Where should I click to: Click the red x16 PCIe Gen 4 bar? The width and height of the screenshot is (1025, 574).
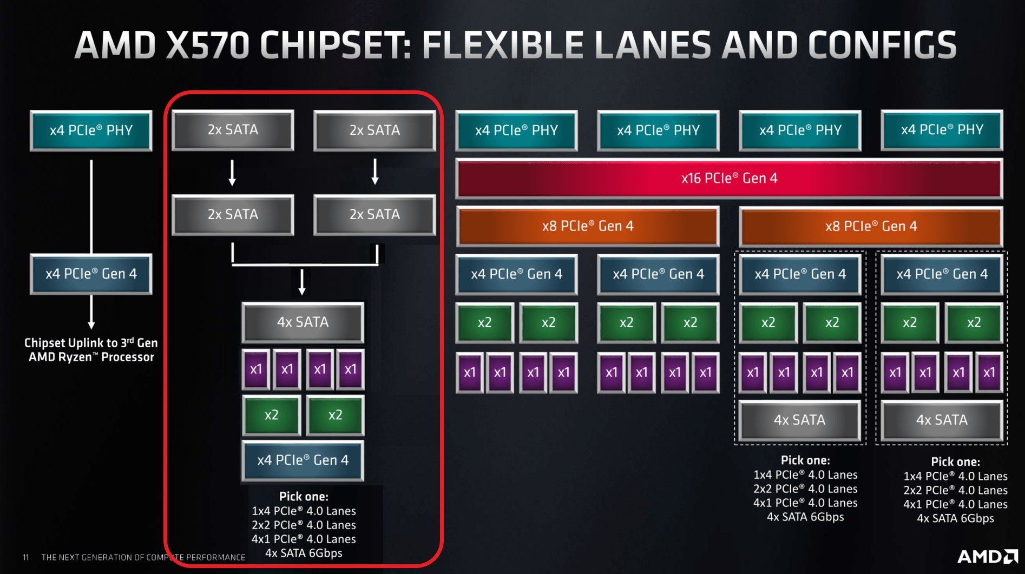click(729, 179)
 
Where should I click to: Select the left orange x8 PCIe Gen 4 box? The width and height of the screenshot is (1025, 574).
click(588, 226)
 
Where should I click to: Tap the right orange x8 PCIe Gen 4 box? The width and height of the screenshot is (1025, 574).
click(871, 226)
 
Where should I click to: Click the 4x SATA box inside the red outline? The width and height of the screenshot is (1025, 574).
click(303, 322)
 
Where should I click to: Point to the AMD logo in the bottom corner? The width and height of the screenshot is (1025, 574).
click(987, 556)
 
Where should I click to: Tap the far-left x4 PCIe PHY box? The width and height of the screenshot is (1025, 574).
click(91, 130)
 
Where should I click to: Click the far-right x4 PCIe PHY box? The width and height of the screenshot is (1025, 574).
click(942, 130)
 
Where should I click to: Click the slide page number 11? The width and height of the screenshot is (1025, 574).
click(25, 557)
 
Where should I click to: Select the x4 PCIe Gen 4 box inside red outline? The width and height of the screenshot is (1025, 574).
click(303, 460)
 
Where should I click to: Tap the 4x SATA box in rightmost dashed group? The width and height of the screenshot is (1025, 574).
click(942, 420)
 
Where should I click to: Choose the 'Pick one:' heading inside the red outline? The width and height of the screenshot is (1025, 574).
click(304, 496)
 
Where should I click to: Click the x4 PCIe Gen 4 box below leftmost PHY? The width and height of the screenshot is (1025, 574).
click(91, 274)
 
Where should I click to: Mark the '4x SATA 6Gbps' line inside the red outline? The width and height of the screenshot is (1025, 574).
click(304, 553)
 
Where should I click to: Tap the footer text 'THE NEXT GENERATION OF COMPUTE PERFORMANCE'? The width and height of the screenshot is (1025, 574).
click(143, 557)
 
